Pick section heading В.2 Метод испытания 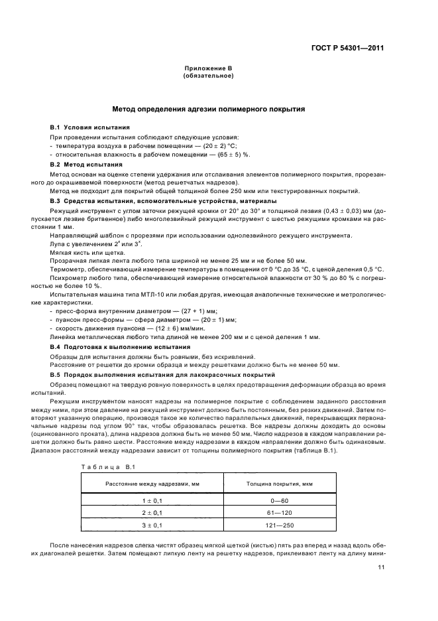click(x=86, y=163)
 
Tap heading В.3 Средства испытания click(x=99, y=200)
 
